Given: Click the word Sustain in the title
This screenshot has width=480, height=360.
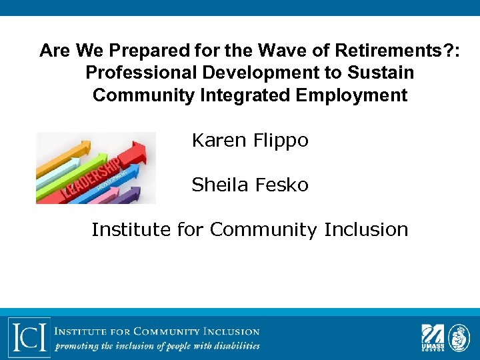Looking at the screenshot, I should pos(383,73).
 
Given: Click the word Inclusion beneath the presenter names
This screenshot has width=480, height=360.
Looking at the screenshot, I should pos(366,229).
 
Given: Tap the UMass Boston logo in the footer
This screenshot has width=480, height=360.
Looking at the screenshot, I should pos(431,336).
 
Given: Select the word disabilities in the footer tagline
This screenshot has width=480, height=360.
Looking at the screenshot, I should pos(235,346).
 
